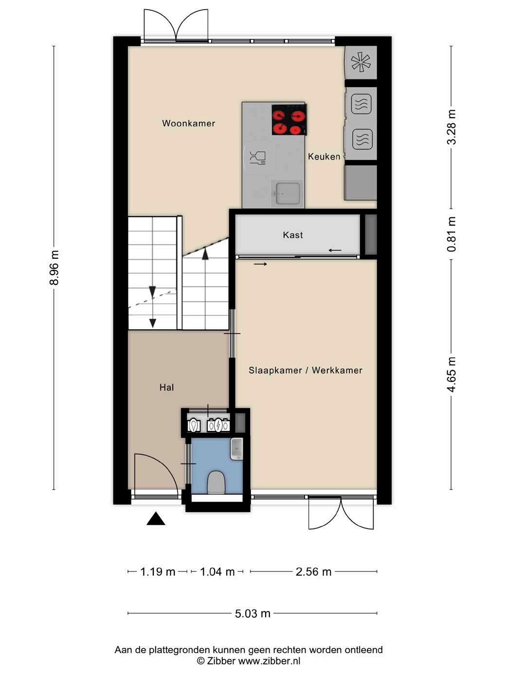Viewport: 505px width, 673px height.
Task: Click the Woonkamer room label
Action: pyautogui.click(x=188, y=123)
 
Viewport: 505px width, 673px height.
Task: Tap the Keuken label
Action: pyautogui.click(x=324, y=157)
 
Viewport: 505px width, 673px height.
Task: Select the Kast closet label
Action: pyautogui.click(x=293, y=235)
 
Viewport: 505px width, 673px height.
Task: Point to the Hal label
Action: pyautogui.click(x=166, y=388)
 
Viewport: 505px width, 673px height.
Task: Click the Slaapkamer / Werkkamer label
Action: pyautogui.click(x=306, y=371)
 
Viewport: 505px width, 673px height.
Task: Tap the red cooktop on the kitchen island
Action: pyautogui.click(x=289, y=120)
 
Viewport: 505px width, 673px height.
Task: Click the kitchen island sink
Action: pyautogui.click(x=288, y=194)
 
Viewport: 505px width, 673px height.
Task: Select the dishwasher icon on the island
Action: pyautogui.click(x=257, y=158)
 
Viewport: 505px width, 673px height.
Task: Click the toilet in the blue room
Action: pyautogui.click(x=216, y=482)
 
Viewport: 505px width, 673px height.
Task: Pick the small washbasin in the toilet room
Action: pyautogui.click(x=236, y=449)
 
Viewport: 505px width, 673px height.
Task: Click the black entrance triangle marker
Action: pyautogui.click(x=156, y=519)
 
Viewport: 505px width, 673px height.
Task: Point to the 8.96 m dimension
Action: pyautogui.click(x=54, y=267)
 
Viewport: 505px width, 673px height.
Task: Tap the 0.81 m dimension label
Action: pyautogui.click(x=451, y=234)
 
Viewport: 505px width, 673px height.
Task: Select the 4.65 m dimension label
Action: pyautogui.click(x=451, y=375)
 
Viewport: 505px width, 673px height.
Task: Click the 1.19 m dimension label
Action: pyautogui.click(x=158, y=572)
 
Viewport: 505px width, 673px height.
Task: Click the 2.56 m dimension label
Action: pyautogui.click(x=314, y=572)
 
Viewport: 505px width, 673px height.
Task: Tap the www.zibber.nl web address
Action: pyautogui.click(x=269, y=660)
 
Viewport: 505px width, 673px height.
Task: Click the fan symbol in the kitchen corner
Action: pyautogui.click(x=361, y=62)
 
